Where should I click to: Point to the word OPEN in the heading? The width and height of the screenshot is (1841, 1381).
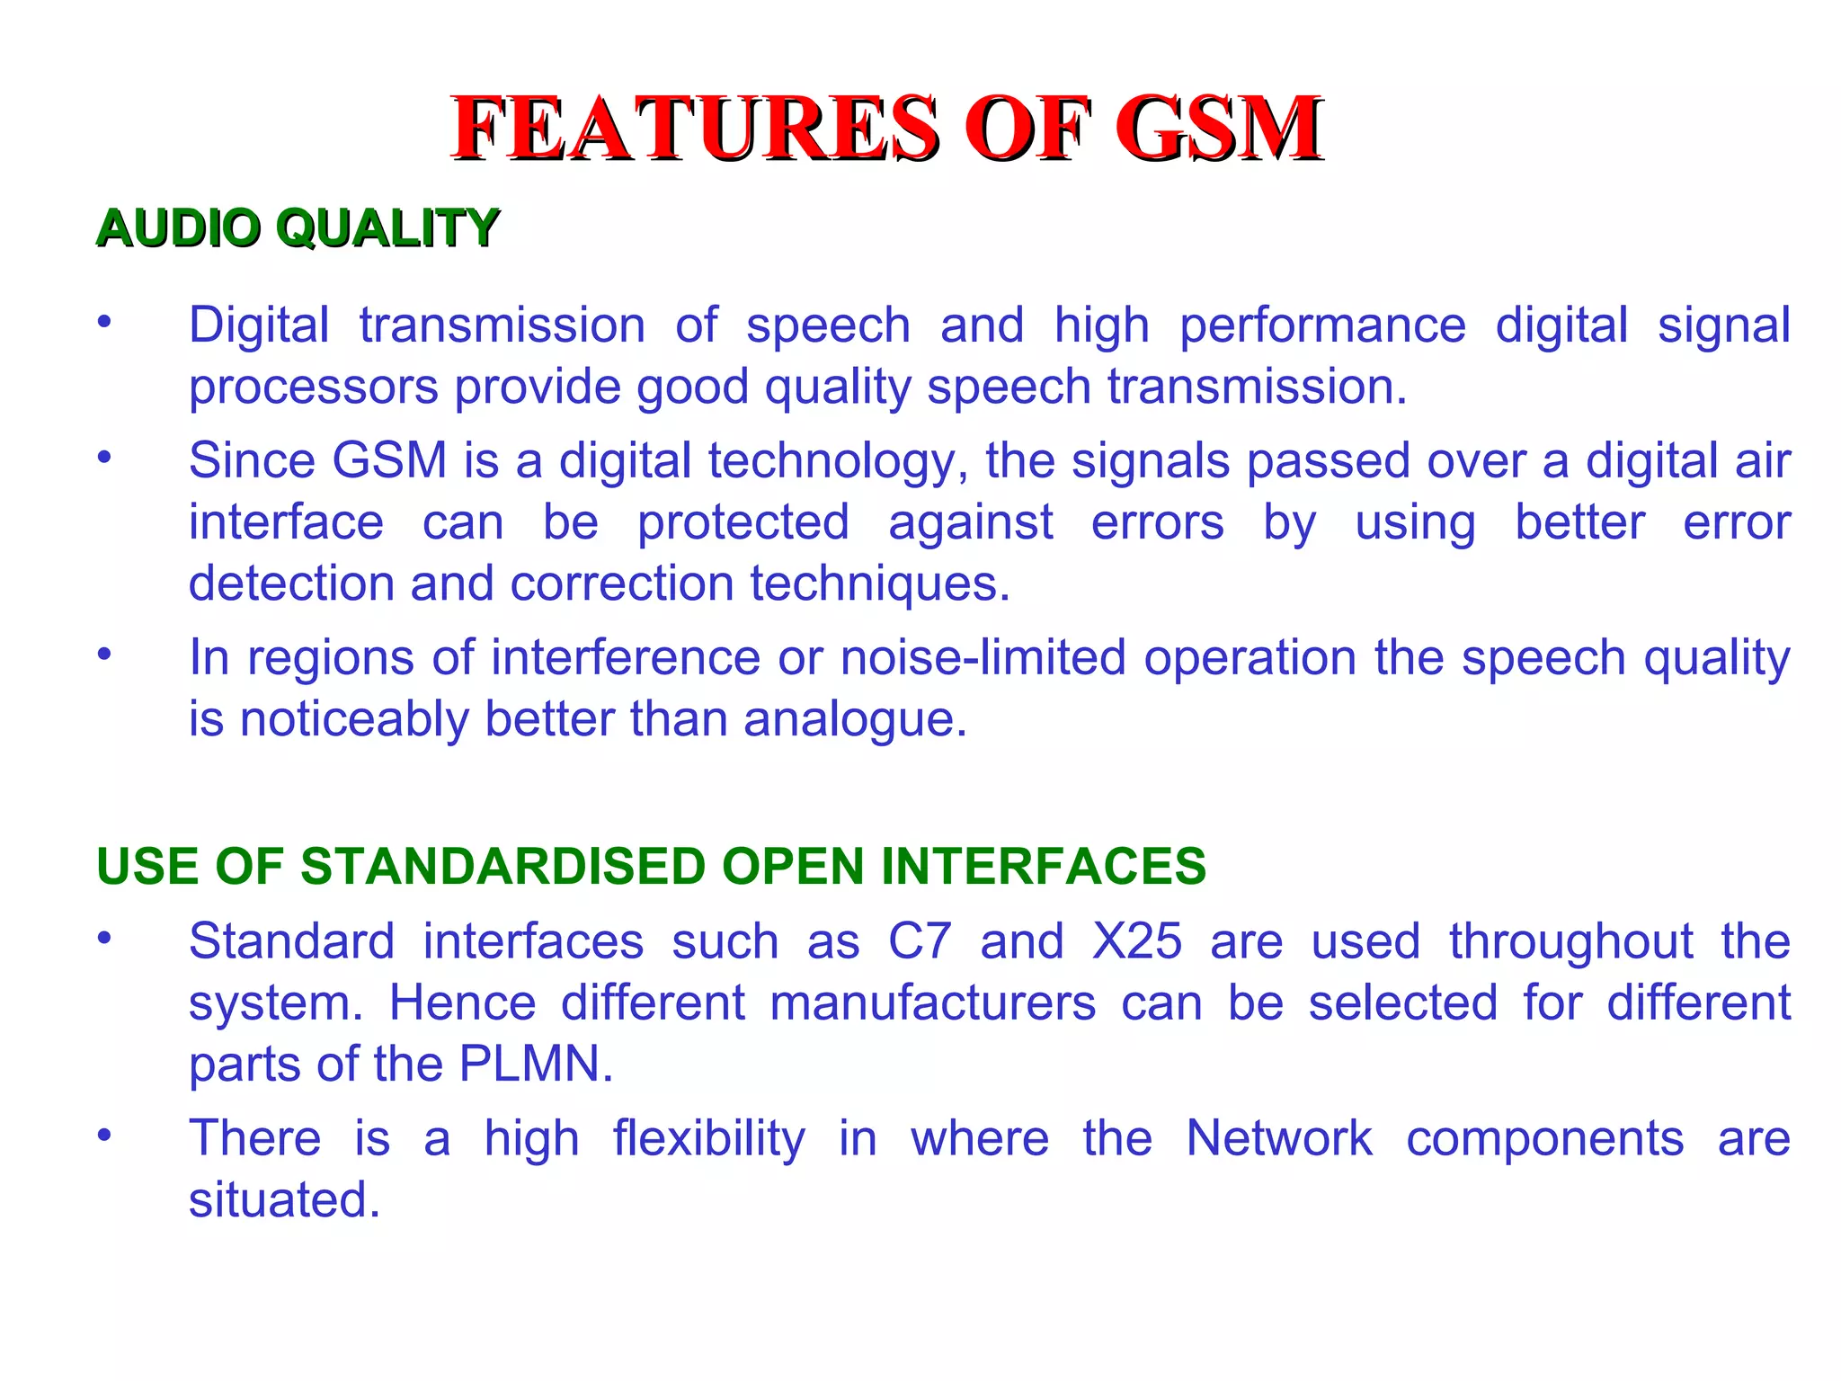point(792,866)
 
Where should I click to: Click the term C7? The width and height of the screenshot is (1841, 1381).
point(919,941)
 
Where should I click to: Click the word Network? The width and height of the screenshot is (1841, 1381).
point(1278,1138)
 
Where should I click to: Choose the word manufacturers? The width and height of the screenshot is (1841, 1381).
point(932,1003)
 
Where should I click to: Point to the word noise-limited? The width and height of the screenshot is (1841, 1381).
point(983,657)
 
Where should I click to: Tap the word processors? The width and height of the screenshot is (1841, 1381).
point(314,388)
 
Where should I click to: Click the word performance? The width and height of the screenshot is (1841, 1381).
point(1321,326)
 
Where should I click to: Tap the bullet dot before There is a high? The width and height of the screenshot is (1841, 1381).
point(105,1135)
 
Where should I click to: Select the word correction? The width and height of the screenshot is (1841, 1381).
point(622,584)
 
